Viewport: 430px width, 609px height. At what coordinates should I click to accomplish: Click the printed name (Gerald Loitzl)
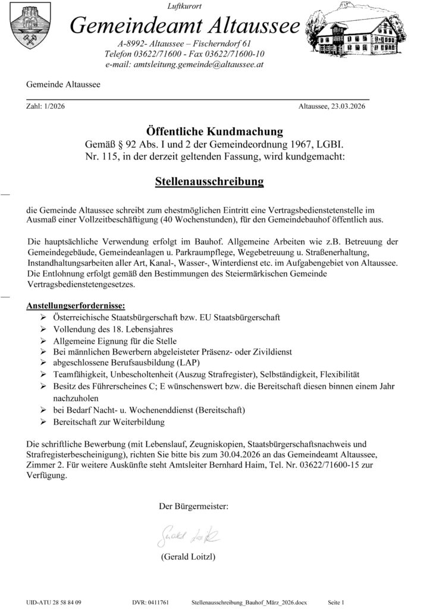pyautogui.click(x=187, y=557)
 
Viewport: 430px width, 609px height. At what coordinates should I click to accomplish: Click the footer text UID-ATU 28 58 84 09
pyautogui.click(x=55, y=602)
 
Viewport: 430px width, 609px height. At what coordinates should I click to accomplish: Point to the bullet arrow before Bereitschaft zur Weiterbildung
pyautogui.click(x=43, y=422)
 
